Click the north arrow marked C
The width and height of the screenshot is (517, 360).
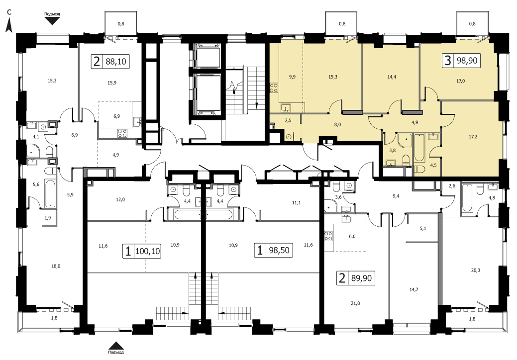[9, 25]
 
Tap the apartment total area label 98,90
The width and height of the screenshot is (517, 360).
[467, 61]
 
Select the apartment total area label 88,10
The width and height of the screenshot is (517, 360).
[116, 61]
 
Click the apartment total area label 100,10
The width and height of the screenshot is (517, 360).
[147, 252]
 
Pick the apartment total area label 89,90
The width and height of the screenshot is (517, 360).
[361, 278]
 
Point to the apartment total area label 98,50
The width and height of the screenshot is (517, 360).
[279, 250]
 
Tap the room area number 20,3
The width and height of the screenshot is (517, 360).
[476, 270]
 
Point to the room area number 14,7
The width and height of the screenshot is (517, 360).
[414, 289]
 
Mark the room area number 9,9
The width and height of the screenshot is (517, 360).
[292, 77]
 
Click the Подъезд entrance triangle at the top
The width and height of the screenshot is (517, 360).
[52, 21]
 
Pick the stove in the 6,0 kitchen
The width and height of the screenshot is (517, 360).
[329, 236]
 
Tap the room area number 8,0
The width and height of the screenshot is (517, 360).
[337, 124]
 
